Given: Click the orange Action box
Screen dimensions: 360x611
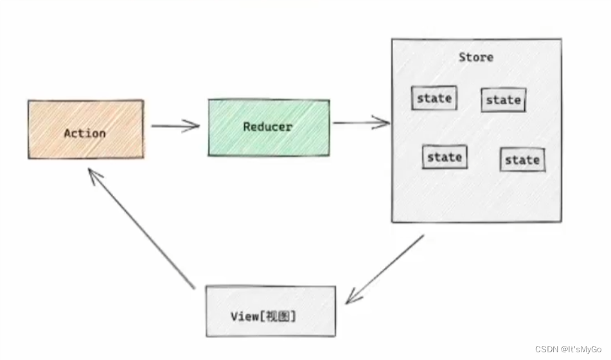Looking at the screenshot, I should pos(85,129).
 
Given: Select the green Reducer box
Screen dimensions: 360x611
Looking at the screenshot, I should pos(268,127).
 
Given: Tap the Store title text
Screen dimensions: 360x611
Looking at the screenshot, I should pos(476,57).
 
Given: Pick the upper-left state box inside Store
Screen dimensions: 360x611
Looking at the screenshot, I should pos(434,98).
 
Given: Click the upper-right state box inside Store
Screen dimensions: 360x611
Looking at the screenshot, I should pos(503,100).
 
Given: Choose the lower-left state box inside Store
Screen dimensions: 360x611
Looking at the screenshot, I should pos(445,157).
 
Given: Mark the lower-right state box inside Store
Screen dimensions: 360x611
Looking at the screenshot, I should pos(522,160).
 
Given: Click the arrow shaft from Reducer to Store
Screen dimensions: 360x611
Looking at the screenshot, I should pos(357,123).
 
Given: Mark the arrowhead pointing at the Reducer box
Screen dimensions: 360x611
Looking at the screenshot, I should pos(193,126).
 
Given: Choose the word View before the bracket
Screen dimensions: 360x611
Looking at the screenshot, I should pos(243,316).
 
